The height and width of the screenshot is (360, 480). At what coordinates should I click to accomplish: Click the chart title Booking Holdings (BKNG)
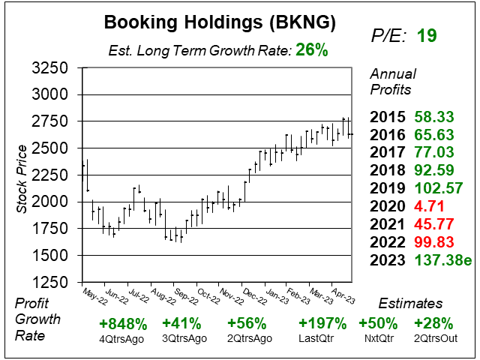(219, 22)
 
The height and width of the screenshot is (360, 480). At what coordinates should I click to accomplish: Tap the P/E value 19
(427, 35)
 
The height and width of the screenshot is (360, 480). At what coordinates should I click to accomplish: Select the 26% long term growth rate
(312, 51)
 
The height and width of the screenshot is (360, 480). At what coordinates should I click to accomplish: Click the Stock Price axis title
(22, 177)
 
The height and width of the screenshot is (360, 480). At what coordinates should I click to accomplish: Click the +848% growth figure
(122, 325)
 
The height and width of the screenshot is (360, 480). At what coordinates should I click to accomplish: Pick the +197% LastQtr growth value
(322, 325)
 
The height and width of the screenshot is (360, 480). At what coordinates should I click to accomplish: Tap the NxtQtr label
(379, 339)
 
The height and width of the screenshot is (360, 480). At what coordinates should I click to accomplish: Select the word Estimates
(410, 304)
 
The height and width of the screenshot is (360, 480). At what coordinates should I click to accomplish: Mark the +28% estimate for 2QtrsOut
(435, 325)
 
